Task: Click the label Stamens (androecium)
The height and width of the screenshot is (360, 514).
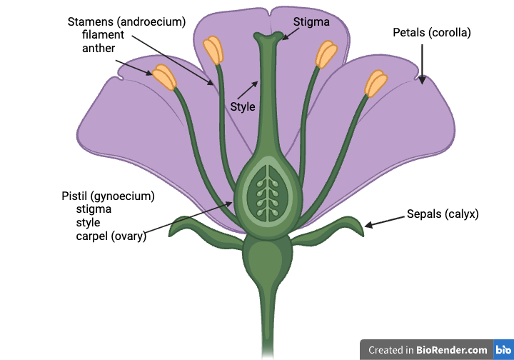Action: pos(126,22)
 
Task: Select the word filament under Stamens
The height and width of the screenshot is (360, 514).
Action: pos(103,34)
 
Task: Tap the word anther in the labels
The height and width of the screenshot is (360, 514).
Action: pos(99,48)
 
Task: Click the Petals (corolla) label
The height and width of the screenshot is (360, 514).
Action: pos(432,32)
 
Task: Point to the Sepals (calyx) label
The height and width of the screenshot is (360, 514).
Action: pos(443,214)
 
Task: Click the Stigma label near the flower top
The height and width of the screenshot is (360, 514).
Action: pos(311,22)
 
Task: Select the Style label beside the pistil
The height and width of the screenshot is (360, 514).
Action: pos(243,106)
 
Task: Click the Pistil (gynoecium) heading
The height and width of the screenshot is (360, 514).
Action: pos(109,196)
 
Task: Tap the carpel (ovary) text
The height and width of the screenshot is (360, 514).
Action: pos(111,236)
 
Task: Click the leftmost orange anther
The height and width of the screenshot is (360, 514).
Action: pos(164,77)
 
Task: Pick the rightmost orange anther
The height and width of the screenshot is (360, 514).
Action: pos(376,84)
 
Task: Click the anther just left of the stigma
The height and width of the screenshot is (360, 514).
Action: pos(213,50)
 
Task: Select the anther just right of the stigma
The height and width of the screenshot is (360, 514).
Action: pos(326,54)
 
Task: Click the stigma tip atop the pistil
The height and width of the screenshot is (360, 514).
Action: pos(268,36)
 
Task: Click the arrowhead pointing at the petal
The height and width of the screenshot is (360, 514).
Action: pos(422,80)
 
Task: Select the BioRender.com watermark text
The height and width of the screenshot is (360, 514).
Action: pos(428,350)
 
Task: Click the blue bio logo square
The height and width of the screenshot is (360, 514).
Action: pos(503,349)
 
